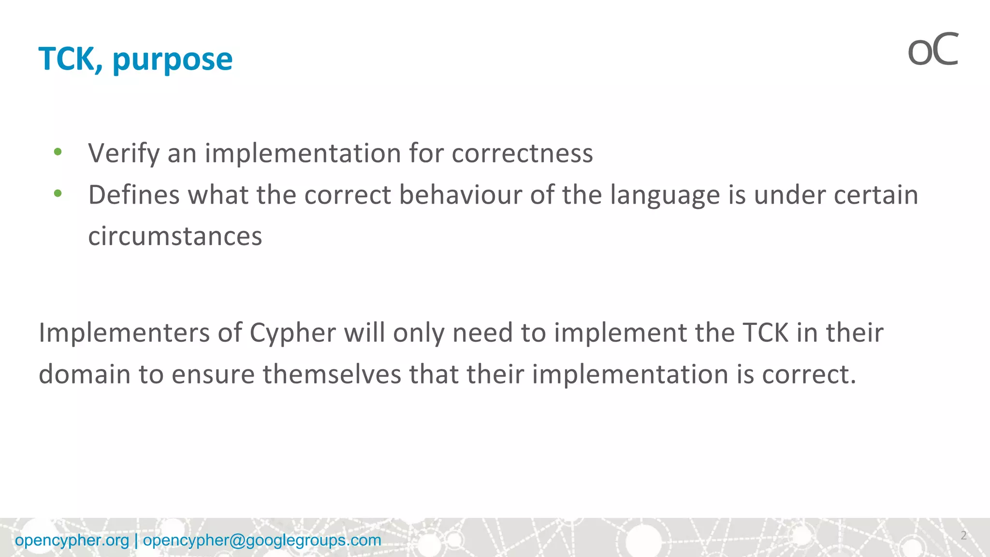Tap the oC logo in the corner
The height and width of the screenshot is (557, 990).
click(932, 50)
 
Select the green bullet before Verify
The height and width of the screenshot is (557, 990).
click(58, 152)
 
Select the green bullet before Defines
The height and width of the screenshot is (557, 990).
click(58, 194)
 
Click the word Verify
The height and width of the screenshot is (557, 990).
click(124, 154)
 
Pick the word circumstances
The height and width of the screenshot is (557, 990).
click(175, 236)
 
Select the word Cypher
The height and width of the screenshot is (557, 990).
click(292, 334)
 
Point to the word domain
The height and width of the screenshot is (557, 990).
click(85, 374)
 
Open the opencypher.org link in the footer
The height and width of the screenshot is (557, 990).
click(72, 540)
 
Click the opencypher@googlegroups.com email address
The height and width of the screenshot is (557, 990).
click(262, 540)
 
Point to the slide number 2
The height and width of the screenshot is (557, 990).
click(963, 535)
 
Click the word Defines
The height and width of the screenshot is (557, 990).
click(134, 195)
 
